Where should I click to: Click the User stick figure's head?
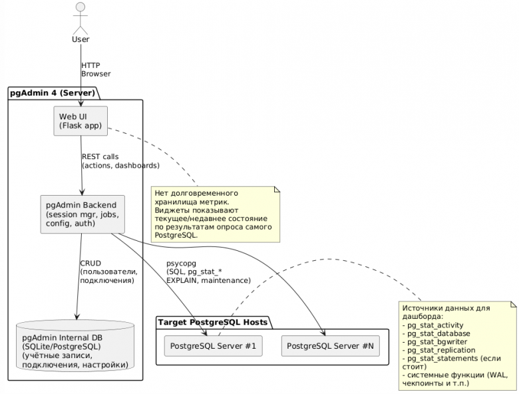coord(80,9)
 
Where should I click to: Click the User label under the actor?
coord(80,40)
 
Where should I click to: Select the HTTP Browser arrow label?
coord(96,69)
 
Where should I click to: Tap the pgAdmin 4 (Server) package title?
coord(52,93)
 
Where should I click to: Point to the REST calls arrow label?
coord(120,160)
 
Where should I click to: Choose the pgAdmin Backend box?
coord(81,213)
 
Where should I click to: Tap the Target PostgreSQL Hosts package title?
coord(213,322)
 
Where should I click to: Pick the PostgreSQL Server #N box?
coord(330,346)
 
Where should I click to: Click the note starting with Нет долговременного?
coord(215,214)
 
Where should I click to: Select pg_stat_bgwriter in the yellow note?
coord(437,341)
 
